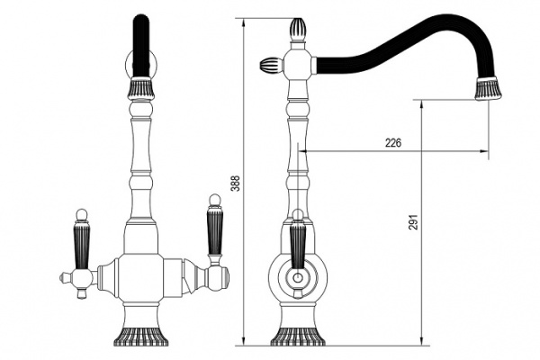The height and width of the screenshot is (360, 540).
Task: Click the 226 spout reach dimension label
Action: coord(393,142)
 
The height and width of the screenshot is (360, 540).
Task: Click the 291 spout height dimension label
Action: coord(414,222)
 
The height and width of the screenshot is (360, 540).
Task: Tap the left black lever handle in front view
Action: coord(82,247)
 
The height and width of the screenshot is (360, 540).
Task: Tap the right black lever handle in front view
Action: coord(215,231)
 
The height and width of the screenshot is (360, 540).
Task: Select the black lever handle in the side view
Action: coord(298,247)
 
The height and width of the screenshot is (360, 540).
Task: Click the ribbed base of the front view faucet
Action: coord(141,336)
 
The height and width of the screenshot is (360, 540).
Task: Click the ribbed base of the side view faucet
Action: coord(298,337)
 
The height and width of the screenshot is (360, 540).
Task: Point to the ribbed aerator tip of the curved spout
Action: coord(489,89)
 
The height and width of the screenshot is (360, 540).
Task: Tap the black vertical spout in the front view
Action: coord(141,46)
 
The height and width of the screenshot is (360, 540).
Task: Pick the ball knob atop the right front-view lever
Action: coord(214,200)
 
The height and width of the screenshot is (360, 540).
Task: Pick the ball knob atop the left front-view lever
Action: coord(82,214)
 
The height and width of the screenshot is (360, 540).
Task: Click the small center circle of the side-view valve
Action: coord(298,277)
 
